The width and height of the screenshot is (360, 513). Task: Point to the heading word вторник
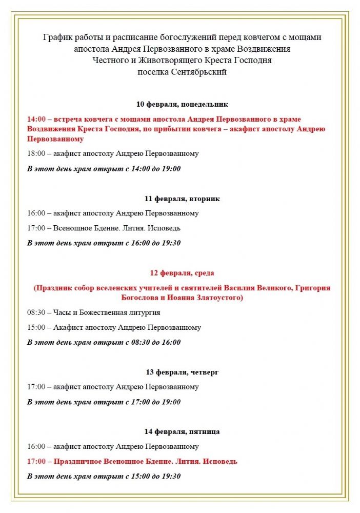coord(204,199)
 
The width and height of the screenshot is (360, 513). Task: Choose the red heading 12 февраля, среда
coord(182,273)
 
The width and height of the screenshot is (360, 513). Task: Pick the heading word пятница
coord(203,431)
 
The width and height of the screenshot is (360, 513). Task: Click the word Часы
coord(64,312)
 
